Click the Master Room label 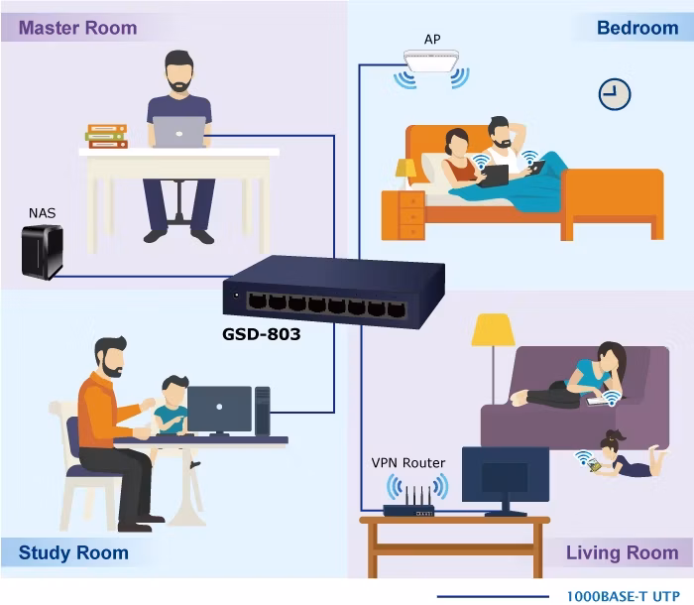click(78, 28)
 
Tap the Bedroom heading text click(637, 28)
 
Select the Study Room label click(73, 552)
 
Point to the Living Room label click(623, 552)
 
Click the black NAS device click(43, 252)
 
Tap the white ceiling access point click(431, 60)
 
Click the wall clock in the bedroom click(615, 94)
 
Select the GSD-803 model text click(261, 334)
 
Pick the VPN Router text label click(408, 463)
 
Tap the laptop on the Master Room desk click(179, 132)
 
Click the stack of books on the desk click(107, 137)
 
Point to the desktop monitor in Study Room click(219, 411)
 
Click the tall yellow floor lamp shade click(493, 330)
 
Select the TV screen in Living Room click(506, 475)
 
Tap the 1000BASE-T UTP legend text click(624, 597)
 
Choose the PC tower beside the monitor click(263, 411)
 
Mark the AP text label click(432, 40)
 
